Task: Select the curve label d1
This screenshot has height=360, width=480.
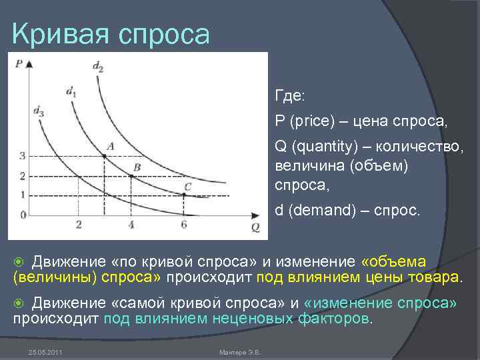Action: click(x=71, y=93)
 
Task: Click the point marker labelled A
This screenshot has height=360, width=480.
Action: click(x=105, y=156)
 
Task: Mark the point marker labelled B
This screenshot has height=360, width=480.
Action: click(x=131, y=176)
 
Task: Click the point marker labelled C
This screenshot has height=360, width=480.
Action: click(x=184, y=195)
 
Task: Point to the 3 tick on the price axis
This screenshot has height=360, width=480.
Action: click(x=22, y=156)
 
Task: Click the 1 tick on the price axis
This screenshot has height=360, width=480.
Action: click(x=22, y=195)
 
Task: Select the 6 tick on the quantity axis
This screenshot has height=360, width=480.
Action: click(x=184, y=225)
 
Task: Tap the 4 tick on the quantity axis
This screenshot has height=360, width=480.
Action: click(x=131, y=225)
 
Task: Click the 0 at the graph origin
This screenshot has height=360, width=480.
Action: click(x=22, y=215)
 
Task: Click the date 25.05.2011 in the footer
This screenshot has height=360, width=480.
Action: click(x=45, y=351)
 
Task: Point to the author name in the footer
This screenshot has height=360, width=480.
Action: click(x=239, y=351)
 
